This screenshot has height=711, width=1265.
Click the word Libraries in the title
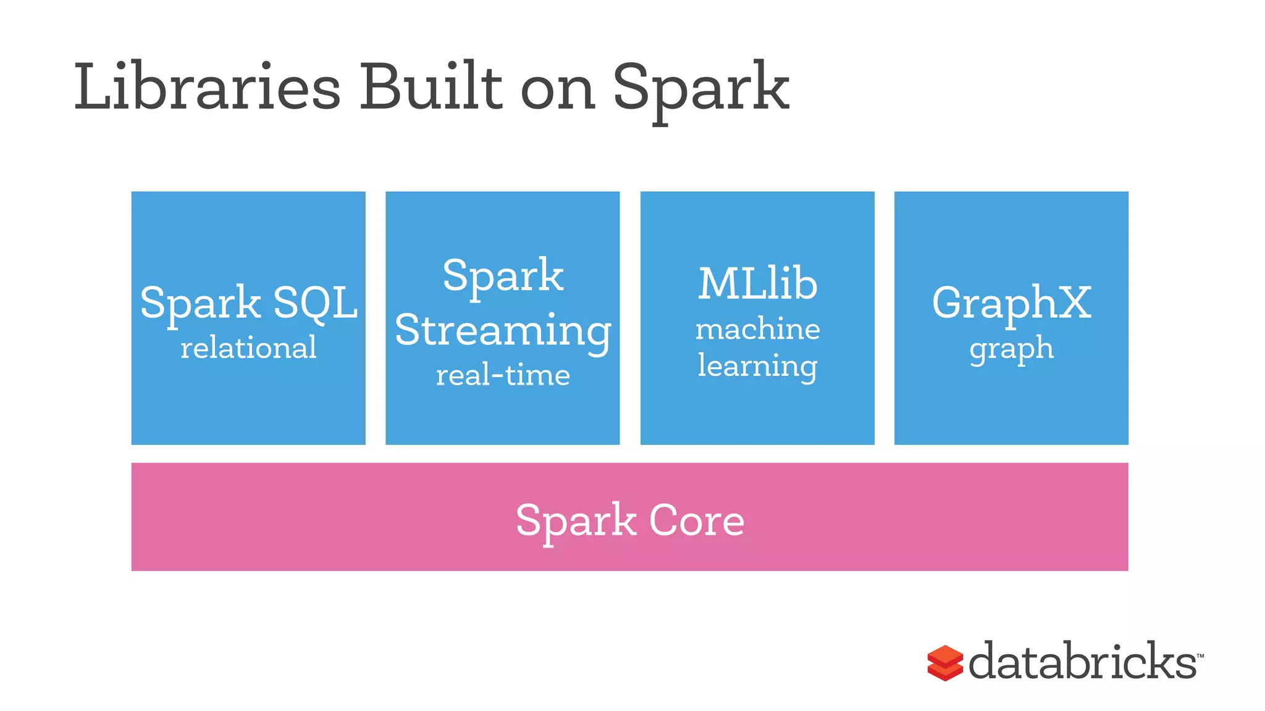point(207,88)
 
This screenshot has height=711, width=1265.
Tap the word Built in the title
point(431,88)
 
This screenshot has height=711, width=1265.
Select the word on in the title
point(557,91)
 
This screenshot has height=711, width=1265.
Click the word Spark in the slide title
point(700,89)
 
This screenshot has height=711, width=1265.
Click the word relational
point(248,347)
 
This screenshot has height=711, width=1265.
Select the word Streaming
point(503,331)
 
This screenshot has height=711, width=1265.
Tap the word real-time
point(503,375)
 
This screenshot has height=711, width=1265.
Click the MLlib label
point(757,285)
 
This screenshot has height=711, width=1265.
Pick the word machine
point(757,329)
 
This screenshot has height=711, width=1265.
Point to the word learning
point(757,366)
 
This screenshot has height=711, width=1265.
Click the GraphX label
point(1011,303)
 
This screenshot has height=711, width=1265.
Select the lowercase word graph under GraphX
point(1011,349)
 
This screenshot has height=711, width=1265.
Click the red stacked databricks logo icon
point(945,663)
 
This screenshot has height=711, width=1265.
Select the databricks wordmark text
point(1082,662)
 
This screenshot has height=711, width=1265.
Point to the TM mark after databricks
point(1200,655)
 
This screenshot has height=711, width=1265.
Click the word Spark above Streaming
point(503,276)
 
